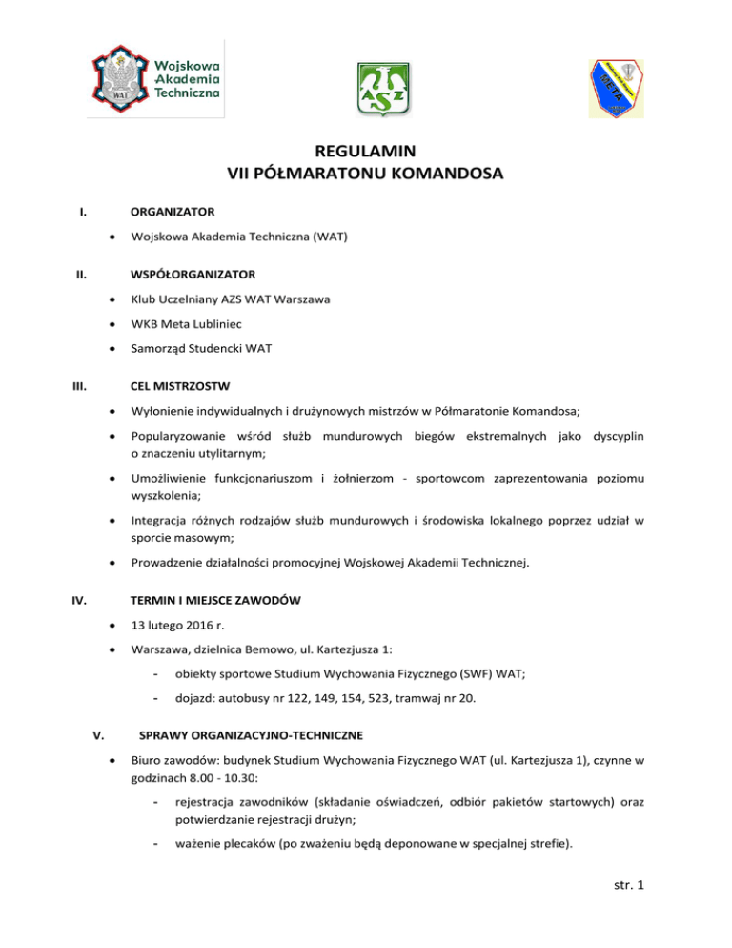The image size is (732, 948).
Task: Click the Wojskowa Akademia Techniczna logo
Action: click(156, 78)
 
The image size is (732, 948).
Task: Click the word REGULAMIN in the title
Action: click(365, 151)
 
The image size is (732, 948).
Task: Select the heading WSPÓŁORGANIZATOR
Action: click(193, 274)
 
